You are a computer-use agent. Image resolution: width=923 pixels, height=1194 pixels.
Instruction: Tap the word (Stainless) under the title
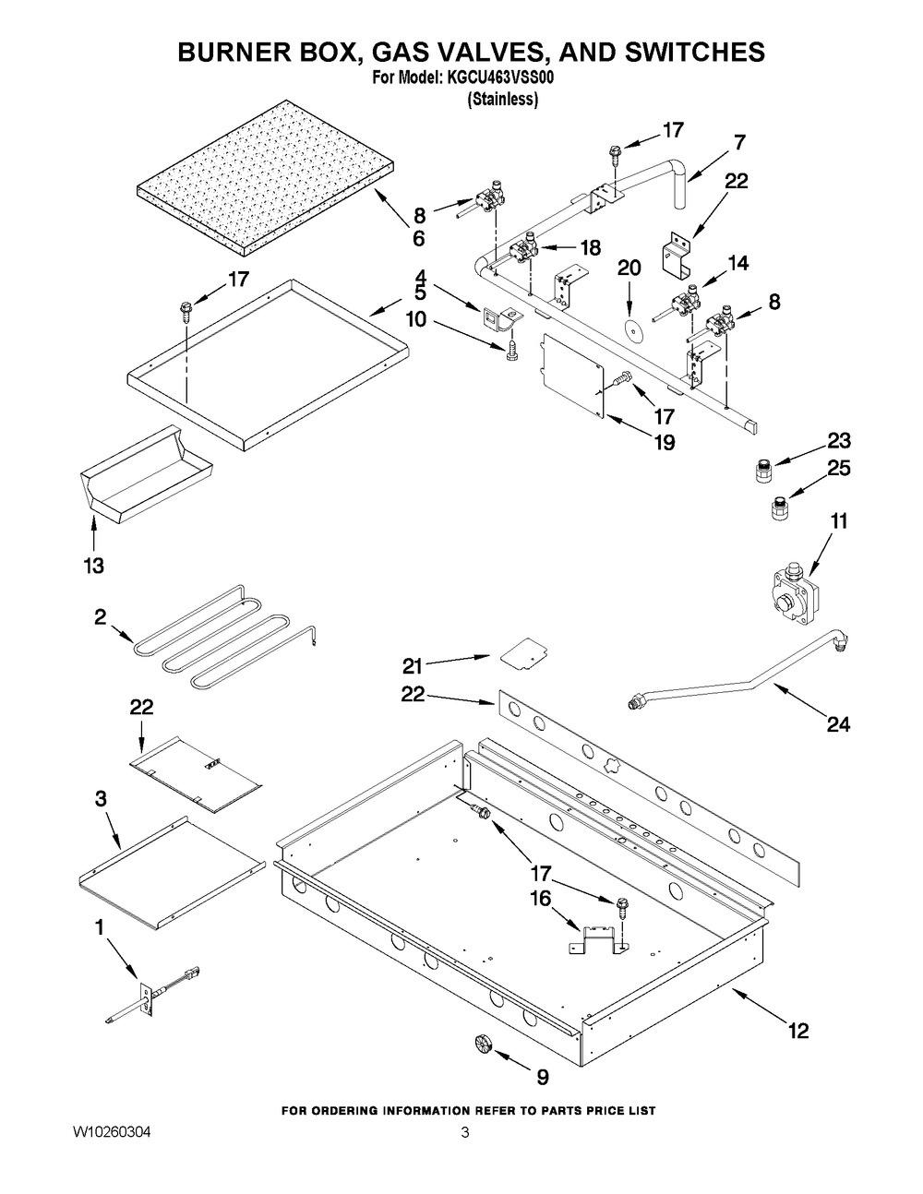point(502,99)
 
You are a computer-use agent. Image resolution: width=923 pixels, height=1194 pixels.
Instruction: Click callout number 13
point(94,564)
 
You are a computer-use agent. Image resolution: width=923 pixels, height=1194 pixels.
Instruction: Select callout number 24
point(837,724)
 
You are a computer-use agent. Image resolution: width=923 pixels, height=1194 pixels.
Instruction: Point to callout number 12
point(797,1030)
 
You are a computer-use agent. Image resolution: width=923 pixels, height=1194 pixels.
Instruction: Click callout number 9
point(542,1076)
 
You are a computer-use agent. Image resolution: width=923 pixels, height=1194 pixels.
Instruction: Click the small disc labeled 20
point(631,331)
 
